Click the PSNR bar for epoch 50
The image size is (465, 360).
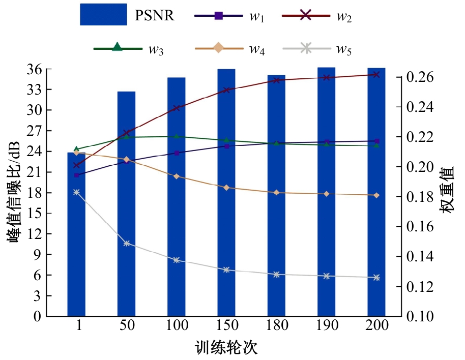pyautogui.click(x=126, y=203)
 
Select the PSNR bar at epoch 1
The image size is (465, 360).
pyautogui.click(x=76, y=234)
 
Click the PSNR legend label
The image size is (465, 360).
pyautogui.click(x=155, y=15)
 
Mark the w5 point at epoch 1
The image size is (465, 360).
pyautogui.click(x=76, y=192)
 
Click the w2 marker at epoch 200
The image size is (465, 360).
pyautogui.click(x=376, y=75)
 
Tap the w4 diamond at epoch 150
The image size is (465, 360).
pyautogui.click(x=226, y=188)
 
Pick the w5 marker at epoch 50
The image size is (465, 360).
pyautogui.click(x=126, y=244)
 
